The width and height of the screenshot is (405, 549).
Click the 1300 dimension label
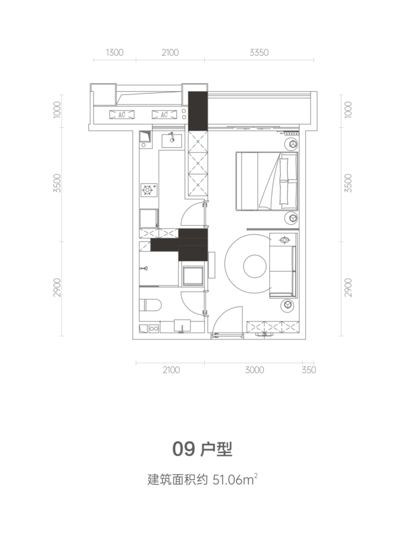(x=114, y=52)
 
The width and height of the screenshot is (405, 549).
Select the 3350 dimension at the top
(x=259, y=52)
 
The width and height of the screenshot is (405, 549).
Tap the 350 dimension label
(x=309, y=370)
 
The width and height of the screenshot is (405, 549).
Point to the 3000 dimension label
(x=254, y=370)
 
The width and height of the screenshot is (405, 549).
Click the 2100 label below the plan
(x=171, y=370)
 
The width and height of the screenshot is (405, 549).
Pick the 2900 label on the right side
(x=348, y=288)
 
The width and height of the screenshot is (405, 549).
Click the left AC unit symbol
(x=122, y=114)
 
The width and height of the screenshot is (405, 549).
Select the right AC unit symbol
(x=164, y=114)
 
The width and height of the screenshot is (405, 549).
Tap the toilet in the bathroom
(x=151, y=305)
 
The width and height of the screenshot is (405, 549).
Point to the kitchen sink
(x=172, y=141)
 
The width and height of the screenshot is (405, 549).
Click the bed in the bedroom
(x=267, y=181)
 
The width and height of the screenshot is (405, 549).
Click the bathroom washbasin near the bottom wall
(x=182, y=325)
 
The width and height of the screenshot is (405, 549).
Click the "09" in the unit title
(x=183, y=449)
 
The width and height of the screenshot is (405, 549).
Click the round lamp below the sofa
(x=288, y=305)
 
